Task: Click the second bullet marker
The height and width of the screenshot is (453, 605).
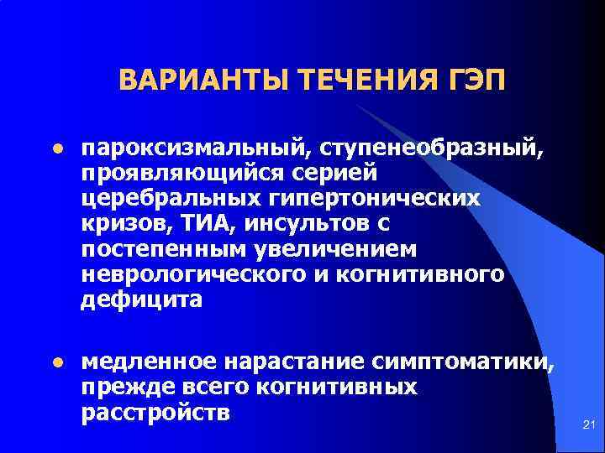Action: click(x=57, y=363)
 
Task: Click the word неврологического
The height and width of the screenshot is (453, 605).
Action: click(x=197, y=275)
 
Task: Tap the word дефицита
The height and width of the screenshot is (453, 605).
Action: click(x=141, y=300)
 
